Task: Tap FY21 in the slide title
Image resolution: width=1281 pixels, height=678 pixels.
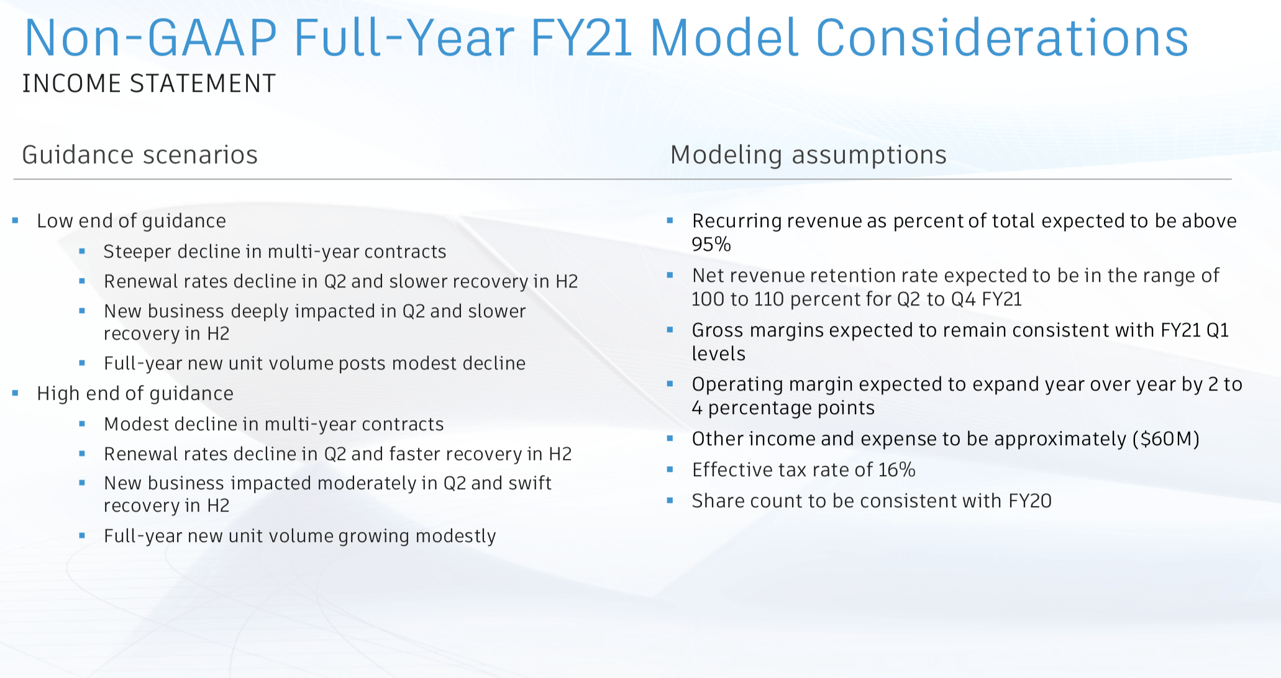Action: coord(581,38)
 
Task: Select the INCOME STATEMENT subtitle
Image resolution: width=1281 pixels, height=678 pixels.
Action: coord(149,83)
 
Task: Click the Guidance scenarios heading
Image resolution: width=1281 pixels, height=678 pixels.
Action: coord(140,155)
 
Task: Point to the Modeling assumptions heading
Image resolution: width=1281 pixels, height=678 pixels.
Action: coord(808,155)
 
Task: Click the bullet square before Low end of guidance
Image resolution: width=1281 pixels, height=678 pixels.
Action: coord(16,220)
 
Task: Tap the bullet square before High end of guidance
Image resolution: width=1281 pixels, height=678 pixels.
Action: coord(16,392)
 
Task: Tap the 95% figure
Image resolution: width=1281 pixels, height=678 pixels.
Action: coord(711,245)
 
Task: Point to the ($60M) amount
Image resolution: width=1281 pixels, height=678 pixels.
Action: coord(1165,439)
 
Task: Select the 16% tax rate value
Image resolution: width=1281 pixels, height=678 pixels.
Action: coord(897,470)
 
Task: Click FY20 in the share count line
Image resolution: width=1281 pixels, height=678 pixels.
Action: coord(1029,501)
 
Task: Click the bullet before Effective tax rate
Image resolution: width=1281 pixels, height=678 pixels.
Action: coord(670,469)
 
